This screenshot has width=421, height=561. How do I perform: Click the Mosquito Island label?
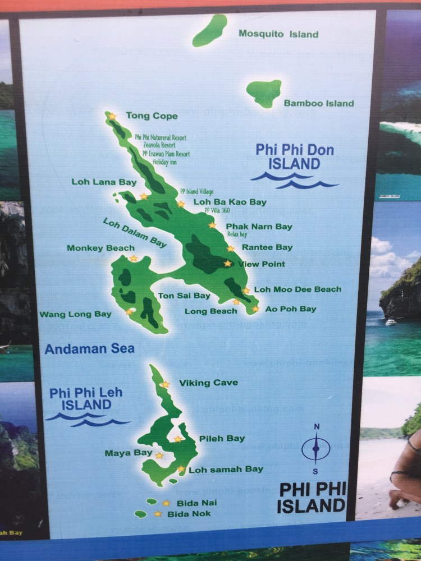[278, 34]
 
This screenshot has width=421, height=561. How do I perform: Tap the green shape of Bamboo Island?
[264, 92]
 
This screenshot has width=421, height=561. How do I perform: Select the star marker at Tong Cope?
[112, 116]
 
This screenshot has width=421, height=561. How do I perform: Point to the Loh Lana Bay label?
[104, 182]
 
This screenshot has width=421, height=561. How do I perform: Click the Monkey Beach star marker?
[134, 258]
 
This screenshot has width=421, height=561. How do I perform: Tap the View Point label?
[262, 264]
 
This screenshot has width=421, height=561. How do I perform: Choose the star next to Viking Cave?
[165, 384]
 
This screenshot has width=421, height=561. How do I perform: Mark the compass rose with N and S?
[316, 448]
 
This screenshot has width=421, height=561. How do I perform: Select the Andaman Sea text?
[90, 349]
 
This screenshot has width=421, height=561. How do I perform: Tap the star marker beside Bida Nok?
[158, 513]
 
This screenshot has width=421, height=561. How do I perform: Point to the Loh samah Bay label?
[225, 469]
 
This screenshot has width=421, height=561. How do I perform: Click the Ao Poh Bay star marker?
[255, 309]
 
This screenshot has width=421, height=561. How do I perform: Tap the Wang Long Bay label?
[75, 315]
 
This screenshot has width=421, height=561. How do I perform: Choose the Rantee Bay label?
[267, 247]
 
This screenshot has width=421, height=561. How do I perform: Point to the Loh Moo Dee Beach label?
[298, 289]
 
